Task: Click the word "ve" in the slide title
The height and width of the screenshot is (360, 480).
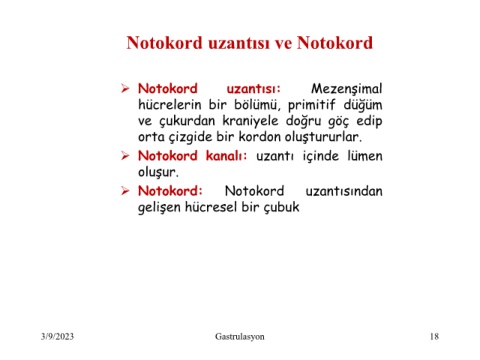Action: click(283, 43)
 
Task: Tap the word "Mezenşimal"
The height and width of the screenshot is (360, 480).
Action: click(347, 89)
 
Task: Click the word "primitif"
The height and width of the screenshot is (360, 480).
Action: click(312, 105)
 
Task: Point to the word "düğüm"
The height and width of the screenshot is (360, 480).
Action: click(363, 105)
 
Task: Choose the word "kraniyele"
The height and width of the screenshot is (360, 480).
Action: click(250, 120)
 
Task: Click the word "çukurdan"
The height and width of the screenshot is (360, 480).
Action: click(187, 121)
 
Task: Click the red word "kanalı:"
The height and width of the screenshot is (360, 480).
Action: click(226, 156)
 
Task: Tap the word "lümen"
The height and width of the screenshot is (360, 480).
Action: click(365, 156)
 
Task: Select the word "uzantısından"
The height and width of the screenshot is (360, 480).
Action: click(344, 191)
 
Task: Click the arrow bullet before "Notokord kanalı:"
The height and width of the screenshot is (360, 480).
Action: click(125, 156)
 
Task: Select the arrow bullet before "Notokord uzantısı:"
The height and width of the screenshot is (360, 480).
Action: click(125, 89)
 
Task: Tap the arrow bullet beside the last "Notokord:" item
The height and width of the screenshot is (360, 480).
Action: click(125, 191)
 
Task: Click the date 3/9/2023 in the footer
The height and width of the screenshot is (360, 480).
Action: click(57, 336)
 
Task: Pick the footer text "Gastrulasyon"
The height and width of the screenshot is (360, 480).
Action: click(240, 337)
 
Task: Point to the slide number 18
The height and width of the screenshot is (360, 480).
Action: click(434, 336)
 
